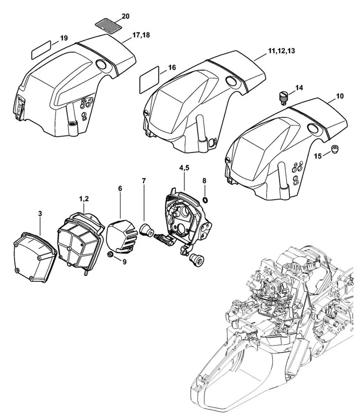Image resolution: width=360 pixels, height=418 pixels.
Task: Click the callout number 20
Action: coord(125,17)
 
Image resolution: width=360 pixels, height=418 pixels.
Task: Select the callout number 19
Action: coord(64,39)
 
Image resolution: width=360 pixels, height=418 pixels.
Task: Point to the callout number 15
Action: coord(318,157)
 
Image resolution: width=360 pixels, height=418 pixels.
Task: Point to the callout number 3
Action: coord(40,214)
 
